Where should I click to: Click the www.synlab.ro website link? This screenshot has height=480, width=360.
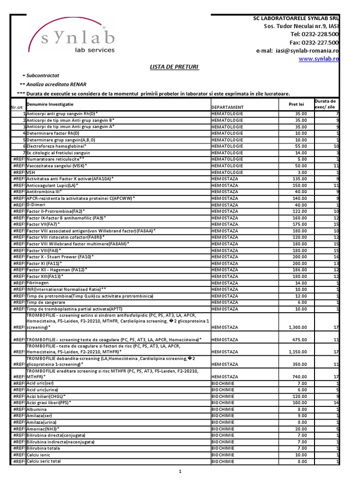pos(319,59)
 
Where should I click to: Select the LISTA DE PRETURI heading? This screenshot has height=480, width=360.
pos(174,67)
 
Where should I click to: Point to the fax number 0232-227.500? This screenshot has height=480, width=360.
pos(315,42)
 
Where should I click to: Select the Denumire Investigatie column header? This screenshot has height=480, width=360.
pos(50,104)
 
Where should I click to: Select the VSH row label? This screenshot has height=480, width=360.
pos(31,172)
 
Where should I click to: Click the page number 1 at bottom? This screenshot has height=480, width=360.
pos(180,472)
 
